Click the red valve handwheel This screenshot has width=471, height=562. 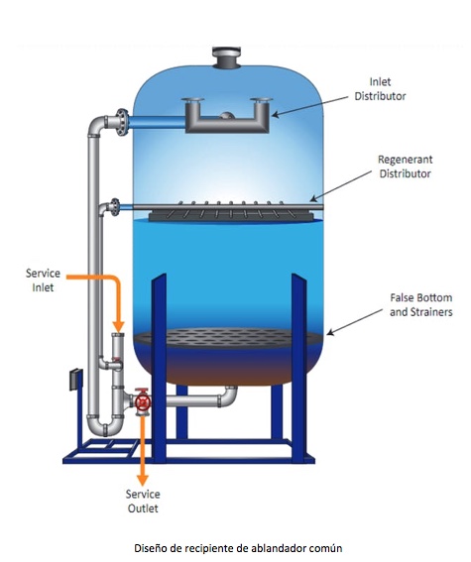pyautogui.click(x=143, y=400)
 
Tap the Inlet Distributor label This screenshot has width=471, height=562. pyautogui.click(x=380, y=89)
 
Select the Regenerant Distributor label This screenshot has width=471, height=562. pyautogui.click(x=405, y=167)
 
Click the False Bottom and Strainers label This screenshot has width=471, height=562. pyautogui.click(x=421, y=304)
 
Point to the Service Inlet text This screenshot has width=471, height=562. pyautogui.click(x=43, y=281)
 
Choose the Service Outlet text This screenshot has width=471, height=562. pyautogui.click(x=143, y=502)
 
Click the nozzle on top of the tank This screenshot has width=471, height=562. pyautogui.click(x=228, y=56)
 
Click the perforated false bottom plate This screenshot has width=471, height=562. pyautogui.click(x=228, y=338)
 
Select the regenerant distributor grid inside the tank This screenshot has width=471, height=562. pyautogui.click(x=231, y=211)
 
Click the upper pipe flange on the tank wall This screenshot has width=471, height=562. pyautogui.click(x=122, y=122)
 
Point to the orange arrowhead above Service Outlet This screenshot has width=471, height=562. pyautogui.click(x=143, y=481)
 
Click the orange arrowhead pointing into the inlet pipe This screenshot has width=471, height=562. pyautogui.click(x=118, y=326)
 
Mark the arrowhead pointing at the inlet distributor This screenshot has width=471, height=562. pyautogui.click(x=275, y=115)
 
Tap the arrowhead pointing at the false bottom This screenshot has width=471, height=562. pyautogui.click(x=330, y=333)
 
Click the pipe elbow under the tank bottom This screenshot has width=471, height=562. pyautogui.click(x=229, y=396)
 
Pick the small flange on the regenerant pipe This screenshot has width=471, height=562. pyautogui.click(x=115, y=207)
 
